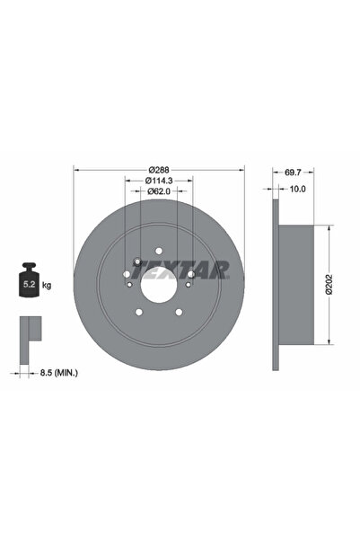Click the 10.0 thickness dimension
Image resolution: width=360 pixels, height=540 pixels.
(298, 189)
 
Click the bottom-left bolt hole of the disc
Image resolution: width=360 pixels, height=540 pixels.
(138, 312)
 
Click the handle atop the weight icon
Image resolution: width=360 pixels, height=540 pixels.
(28, 268)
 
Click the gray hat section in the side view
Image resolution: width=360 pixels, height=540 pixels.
(296, 285)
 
